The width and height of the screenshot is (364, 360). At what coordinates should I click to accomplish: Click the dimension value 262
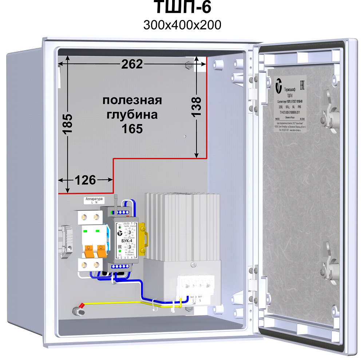coord(132,64)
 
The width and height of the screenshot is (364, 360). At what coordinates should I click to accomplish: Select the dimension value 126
coord(85,180)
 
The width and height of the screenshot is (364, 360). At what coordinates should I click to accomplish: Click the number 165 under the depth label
coord(132,129)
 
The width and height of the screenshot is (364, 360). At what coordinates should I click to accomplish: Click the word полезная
coord(132,100)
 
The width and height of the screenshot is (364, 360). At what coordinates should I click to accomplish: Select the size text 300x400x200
coord(182,25)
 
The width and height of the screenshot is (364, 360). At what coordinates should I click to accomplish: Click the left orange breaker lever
coord(88,251)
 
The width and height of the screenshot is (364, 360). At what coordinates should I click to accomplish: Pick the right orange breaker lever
coord(100,251)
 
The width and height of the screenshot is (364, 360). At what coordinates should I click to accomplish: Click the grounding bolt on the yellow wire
coord(78,311)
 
